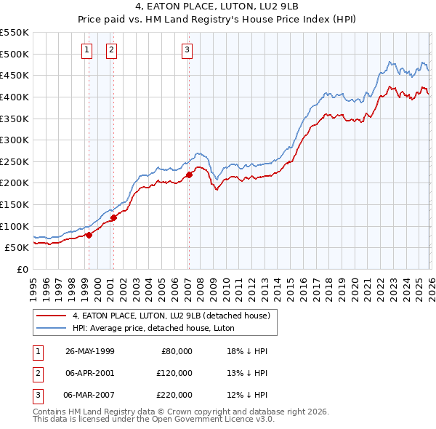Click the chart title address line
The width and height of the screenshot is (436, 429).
pos(218,6)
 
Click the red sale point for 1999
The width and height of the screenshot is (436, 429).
pos(89,235)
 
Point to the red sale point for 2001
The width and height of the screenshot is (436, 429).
pos(113,217)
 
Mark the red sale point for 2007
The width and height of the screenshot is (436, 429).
pos(189,175)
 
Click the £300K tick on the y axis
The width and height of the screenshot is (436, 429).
pos(15,140)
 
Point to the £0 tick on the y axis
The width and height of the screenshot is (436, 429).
pos(22,269)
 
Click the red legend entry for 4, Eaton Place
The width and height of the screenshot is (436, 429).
pos(171,316)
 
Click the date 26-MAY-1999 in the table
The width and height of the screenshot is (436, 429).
pos(89,351)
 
